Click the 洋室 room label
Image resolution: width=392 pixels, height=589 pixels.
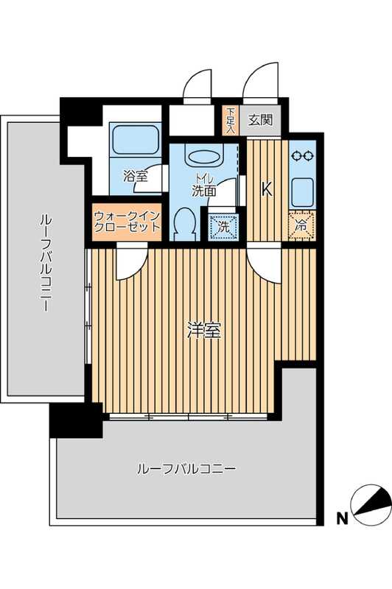point(204,331)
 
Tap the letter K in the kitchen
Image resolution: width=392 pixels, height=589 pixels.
point(267,188)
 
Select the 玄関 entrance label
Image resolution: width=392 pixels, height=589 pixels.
point(260,120)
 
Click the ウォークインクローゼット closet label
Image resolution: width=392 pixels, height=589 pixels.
point(127,222)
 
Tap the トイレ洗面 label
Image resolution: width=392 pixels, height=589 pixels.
point(204,184)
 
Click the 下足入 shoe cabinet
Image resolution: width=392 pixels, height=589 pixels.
point(230,120)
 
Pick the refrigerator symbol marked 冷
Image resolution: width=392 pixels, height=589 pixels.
point(301,226)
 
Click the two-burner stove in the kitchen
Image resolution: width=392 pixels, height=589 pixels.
point(301,155)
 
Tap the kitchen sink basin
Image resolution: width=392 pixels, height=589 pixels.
point(301,191)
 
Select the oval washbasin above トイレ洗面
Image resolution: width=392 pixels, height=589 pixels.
point(203,157)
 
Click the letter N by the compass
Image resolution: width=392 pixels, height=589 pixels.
point(341,518)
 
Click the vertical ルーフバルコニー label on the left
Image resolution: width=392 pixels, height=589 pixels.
point(45,261)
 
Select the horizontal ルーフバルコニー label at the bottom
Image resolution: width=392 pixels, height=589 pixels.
point(186,468)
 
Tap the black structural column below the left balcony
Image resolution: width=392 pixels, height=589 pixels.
point(75,420)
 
